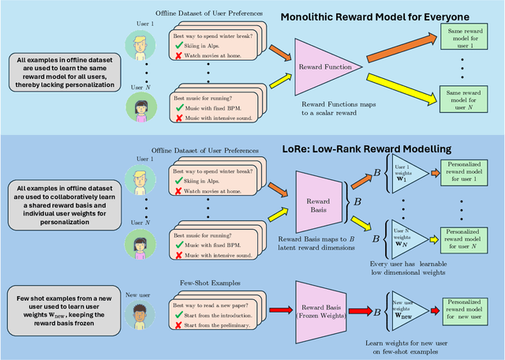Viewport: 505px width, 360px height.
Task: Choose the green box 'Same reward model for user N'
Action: pos(470,101)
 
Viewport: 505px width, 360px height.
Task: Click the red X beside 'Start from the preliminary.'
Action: pos(179,325)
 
